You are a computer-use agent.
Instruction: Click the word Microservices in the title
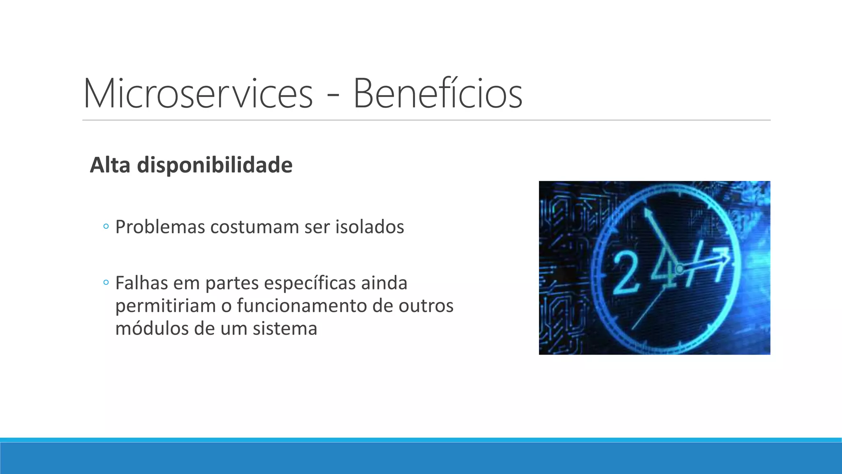click(198, 93)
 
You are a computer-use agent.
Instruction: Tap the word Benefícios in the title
click(437, 93)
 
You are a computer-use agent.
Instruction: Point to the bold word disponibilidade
click(215, 166)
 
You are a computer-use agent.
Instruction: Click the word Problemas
click(160, 227)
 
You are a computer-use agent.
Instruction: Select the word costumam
click(254, 228)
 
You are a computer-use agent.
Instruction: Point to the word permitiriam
click(165, 306)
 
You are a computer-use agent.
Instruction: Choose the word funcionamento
click(302, 306)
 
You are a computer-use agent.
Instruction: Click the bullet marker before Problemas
click(106, 226)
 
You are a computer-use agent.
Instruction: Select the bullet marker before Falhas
click(106, 283)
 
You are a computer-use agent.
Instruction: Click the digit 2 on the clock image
click(625, 272)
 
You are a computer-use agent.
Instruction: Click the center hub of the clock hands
click(679, 270)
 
